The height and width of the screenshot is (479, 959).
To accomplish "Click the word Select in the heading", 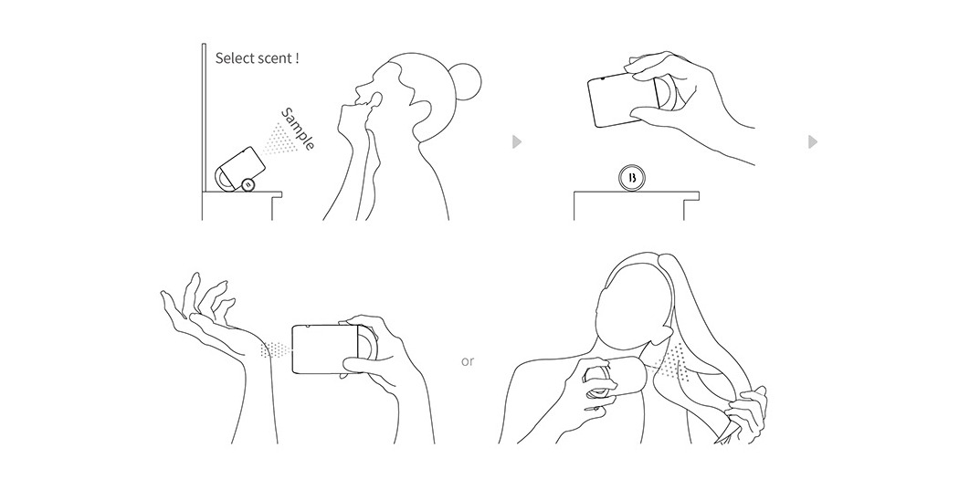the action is tap(232, 58).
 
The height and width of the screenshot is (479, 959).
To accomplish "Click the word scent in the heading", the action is tap(273, 59).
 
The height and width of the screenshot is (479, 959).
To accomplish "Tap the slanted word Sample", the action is tap(299, 130).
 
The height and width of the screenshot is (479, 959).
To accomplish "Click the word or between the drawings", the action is tap(468, 361).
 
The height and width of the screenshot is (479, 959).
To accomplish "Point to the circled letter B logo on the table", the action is tap(632, 178).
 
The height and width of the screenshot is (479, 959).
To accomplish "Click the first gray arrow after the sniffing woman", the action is tap(517, 141).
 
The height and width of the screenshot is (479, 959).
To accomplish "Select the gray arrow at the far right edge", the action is tap(813, 141).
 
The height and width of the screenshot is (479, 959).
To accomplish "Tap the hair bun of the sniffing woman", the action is tap(467, 82).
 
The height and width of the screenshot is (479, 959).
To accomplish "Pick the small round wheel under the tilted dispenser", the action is tap(248, 184).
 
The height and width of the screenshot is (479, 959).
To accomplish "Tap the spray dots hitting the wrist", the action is tap(276, 349).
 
